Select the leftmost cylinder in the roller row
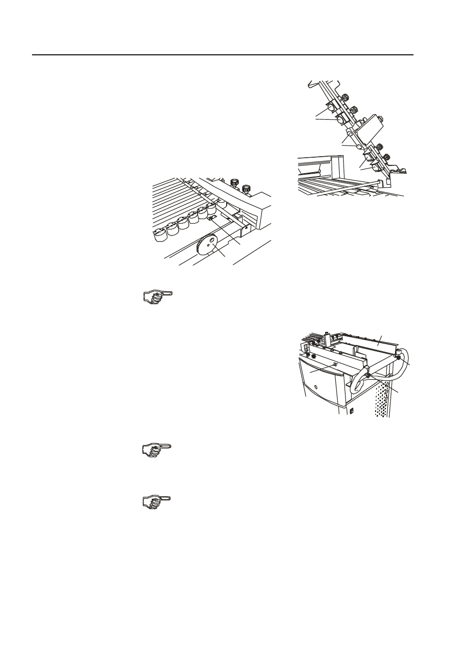(158, 234)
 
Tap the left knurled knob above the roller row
(234, 183)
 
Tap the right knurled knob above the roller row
(246, 187)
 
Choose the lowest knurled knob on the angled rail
(388, 157)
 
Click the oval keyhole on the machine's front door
(316, 388)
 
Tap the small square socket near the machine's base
(352, 411)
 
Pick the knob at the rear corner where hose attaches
(398, 357)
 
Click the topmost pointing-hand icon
(157, 296)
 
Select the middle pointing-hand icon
(157, 449)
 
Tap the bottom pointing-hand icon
(157, 502)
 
